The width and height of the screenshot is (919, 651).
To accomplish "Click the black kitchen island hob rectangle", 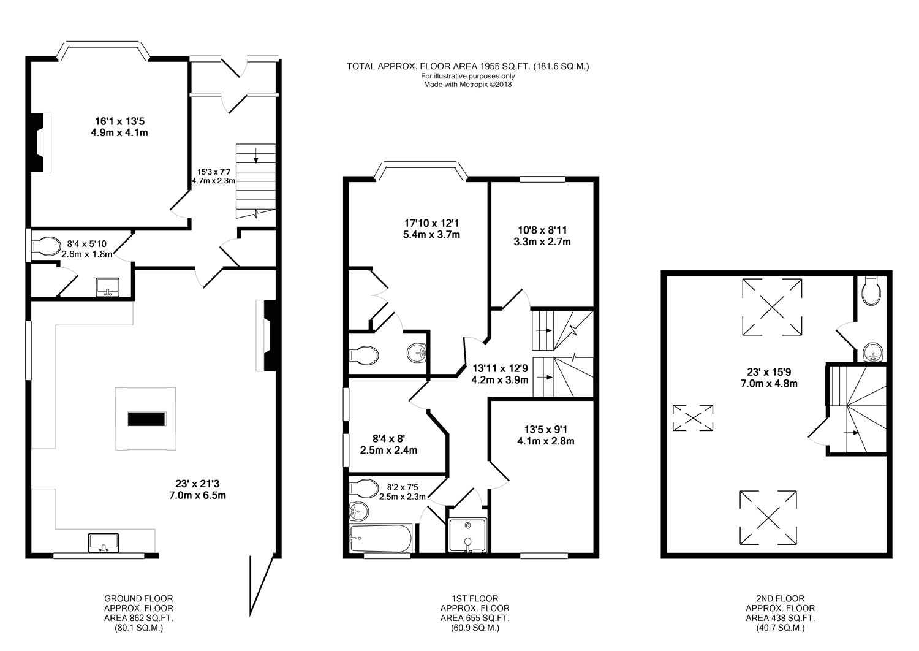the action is tap(146, 419).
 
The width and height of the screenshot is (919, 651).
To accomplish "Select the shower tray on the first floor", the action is tap(467, 535).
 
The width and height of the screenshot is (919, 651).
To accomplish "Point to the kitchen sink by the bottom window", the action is tap(104, 543).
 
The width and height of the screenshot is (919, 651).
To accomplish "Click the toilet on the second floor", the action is tap(871, 291).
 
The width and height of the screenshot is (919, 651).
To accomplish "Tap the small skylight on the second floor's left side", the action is tap(693, 418).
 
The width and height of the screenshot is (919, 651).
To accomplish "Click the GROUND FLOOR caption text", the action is tap(138, 598).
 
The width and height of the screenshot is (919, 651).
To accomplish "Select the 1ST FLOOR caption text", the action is tap(475, 598).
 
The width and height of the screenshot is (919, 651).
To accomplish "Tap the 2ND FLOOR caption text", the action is tap(781, 598).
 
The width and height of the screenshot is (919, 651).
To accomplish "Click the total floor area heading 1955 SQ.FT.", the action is tap(467, 66).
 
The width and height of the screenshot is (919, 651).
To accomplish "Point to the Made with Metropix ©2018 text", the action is tap(467, 85).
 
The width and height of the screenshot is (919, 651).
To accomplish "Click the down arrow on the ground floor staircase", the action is tap(256, 154).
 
